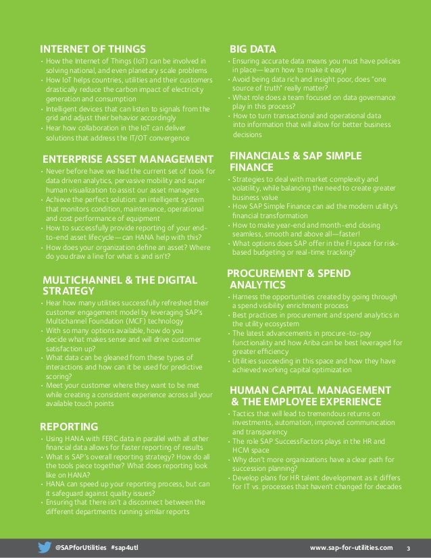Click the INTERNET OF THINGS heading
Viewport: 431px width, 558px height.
(x=93, y=49)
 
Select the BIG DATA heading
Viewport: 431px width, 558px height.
(x=253, y=49)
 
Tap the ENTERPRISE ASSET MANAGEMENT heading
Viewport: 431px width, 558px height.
(x=123, y=159)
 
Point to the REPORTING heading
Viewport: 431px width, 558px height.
(x=70, y=426)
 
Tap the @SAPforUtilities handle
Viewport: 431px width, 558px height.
(x=80, y=546)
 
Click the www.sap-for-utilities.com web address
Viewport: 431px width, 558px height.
(x=350, y=546)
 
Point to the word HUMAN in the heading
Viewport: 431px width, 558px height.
(x=249, y=390)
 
